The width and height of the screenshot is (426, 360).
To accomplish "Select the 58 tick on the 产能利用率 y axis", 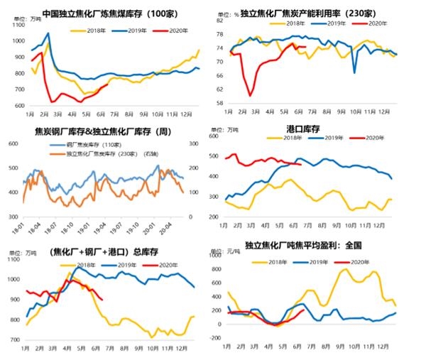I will (212, 103).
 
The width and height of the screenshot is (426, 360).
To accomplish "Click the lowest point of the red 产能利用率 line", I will (250, 95).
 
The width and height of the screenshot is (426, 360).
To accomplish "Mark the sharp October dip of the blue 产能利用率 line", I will (354, 72).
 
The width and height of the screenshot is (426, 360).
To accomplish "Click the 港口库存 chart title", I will (301, 128).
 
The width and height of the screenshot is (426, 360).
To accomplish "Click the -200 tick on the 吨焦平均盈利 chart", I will (214, 341).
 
